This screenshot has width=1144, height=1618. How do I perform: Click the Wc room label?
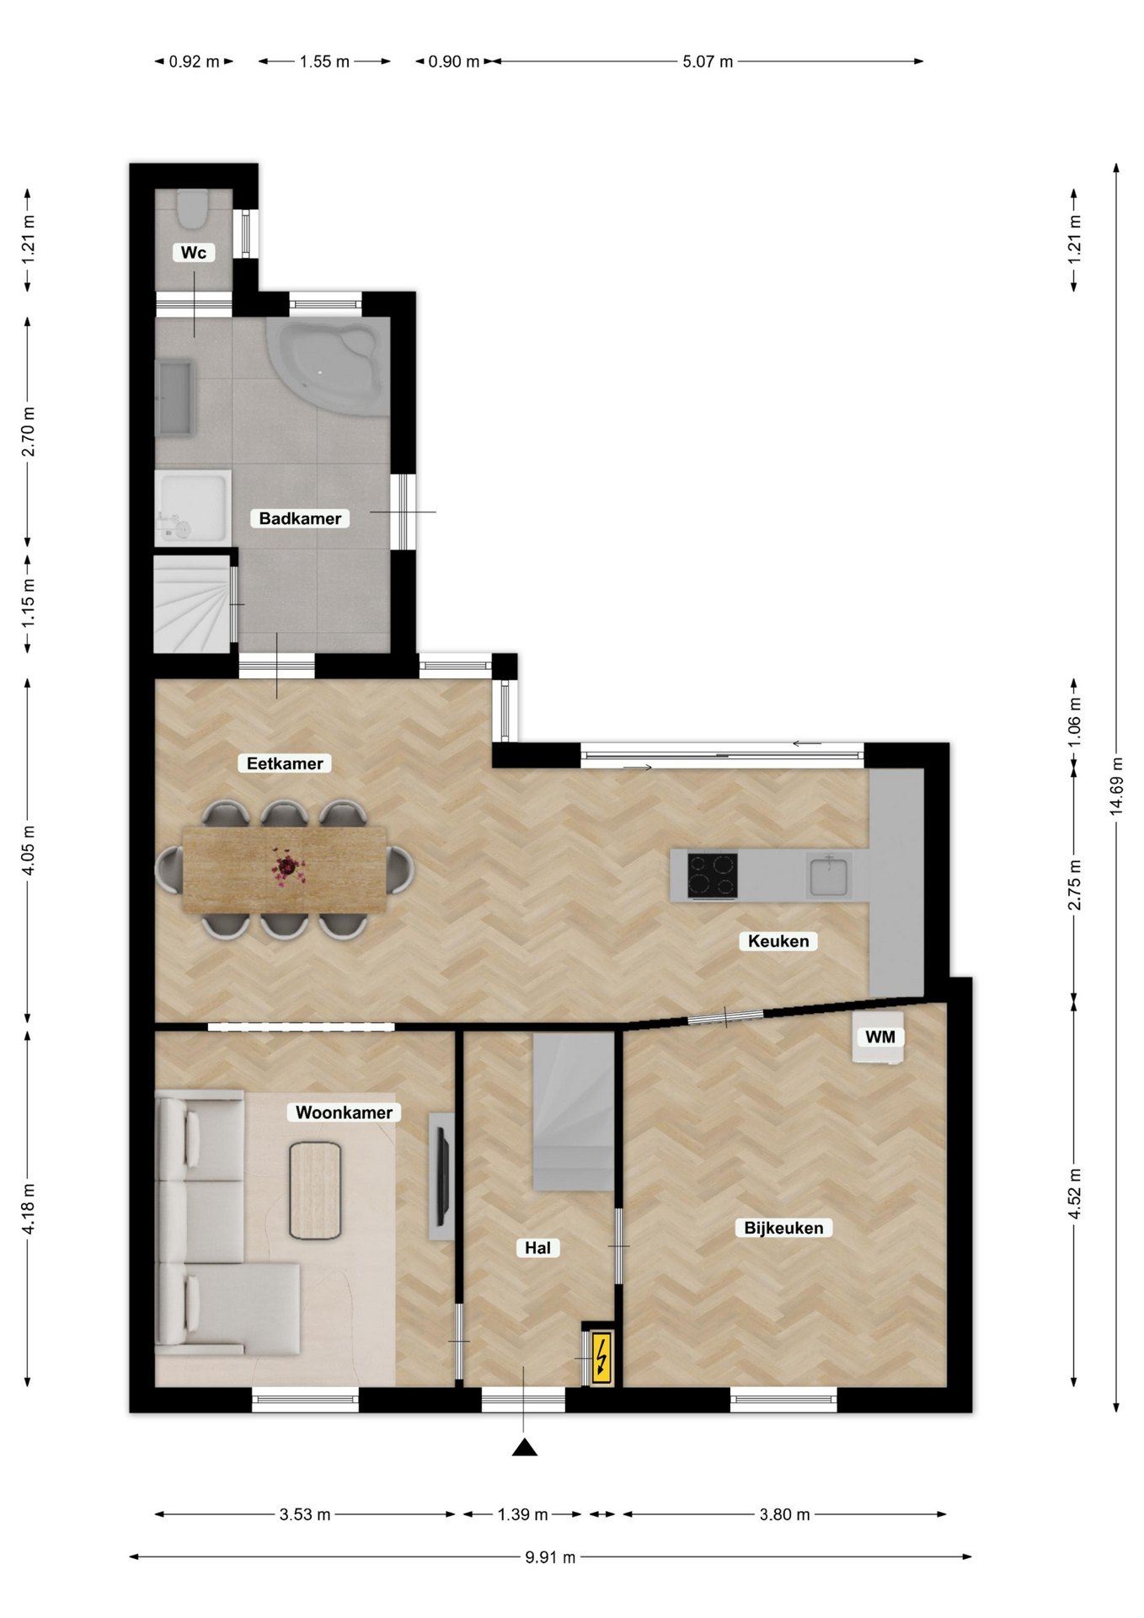click(194, 252)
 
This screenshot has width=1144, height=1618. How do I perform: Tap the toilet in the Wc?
click(193, 208)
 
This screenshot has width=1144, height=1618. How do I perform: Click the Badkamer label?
click(300, 518)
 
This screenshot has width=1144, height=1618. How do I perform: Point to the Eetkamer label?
click(285, 763)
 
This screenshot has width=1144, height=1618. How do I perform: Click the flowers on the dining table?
click(287, 867)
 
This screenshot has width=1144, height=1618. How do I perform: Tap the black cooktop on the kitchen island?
click(713, 876)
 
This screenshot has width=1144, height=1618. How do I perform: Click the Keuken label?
click(778, 941)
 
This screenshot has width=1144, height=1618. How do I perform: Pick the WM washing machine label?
click(880, 1037)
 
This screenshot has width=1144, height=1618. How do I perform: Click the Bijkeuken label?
click(783, 1228)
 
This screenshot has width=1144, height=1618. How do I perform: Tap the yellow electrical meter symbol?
click(601, 1357)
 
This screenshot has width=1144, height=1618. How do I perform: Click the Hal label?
click(537, 1248)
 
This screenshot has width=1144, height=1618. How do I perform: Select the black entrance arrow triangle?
click(525, 1447)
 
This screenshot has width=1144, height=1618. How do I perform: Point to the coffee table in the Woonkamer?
click(315, 1191)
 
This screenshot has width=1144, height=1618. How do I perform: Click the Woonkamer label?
click(344, 1112)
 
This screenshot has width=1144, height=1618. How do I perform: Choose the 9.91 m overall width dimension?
click(550, 1556)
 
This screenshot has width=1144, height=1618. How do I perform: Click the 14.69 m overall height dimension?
click(1116, 786)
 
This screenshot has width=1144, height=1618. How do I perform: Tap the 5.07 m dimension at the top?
click(708, 62)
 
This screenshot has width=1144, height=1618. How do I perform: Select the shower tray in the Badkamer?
click(193, 507)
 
